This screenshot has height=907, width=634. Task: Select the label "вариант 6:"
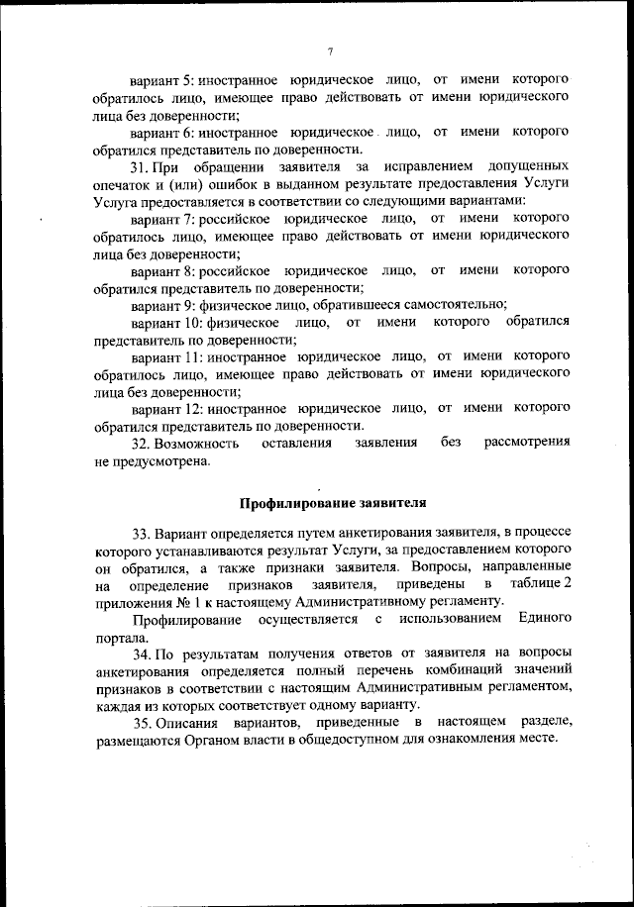[162, 131]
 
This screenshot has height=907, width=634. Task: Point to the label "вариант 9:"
[162, 304]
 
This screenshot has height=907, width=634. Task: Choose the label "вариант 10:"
[166, 322]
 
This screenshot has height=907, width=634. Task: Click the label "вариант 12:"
[166, 407]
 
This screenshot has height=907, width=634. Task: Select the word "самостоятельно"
[458, 304]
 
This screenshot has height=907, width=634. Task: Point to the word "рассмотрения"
[526, 443]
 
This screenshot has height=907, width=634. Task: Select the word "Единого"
[544, 619]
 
